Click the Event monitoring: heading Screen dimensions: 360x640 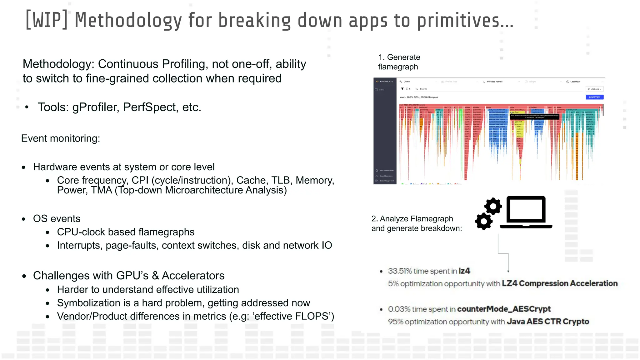(61, 138)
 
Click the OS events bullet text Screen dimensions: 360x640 (57, 218)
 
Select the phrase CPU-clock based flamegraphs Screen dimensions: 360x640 (126, 232)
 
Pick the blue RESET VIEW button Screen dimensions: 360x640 (594, 97)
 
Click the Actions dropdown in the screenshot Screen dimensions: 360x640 (594, 89)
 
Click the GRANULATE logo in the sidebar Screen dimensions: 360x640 (385, 82)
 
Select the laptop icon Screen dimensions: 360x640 (526, 212)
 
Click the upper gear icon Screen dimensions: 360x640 (493, 206)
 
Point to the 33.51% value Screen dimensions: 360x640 (400, 271)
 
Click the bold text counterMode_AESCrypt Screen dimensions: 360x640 (504, 309)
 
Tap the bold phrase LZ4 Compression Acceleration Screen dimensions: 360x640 (560, 283)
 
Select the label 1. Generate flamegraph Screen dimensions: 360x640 (399, 62)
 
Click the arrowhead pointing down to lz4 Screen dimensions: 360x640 (508, 271)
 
